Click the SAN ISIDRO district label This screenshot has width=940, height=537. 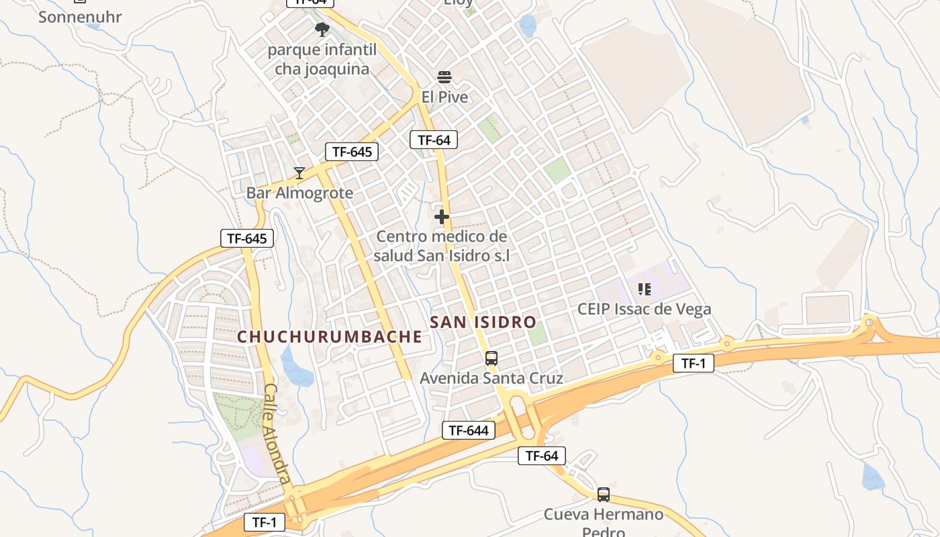[x=483, y=322]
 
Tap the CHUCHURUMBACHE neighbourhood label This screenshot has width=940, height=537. [x=329, y=337]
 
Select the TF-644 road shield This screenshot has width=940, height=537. [x=468, y=430]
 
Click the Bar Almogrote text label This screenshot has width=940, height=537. [x=299, y=193]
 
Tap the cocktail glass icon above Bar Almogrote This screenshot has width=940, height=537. [x=299, y=173]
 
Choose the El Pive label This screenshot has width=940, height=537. [x=444, y=97]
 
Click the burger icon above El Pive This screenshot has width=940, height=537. [x=444, y=77]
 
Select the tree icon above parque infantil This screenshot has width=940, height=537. [x=322, y=29]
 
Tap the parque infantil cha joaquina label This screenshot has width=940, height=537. [x=322, y=59]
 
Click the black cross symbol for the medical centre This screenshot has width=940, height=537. [x=441, y=217]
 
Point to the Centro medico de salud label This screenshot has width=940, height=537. [x=441, y=246]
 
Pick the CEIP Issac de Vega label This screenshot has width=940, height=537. [x=644, y=309]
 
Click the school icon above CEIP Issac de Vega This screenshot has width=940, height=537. [x=644, y=289]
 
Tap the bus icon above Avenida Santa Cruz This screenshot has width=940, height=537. [x=491, y=358]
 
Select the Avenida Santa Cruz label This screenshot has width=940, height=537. [x=491, y=379]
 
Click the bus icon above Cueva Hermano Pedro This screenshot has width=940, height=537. [x=603, y=495]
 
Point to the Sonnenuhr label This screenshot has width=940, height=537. [x=80, y=17]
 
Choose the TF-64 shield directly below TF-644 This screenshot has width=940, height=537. [x=541, y=456]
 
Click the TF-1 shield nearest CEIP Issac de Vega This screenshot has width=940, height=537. [x=693, y=363]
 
